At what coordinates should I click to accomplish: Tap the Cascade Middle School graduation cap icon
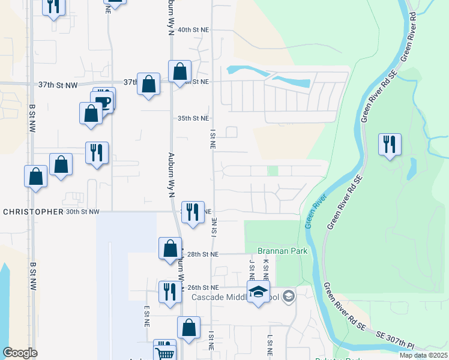click(258, 292)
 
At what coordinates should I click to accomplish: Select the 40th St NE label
click(193, 29)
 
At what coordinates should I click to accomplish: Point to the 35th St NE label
click(193, 119)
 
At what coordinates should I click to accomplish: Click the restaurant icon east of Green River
click(390, 145)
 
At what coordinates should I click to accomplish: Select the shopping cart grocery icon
click(164, 350)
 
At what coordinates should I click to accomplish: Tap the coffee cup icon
click(103, 100)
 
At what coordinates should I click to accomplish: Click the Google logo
click(20, 353)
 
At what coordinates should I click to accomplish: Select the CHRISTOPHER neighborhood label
click(33, 212)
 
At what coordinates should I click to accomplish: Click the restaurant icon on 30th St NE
click(193, 212)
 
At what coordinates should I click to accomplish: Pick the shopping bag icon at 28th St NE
click(170, 248)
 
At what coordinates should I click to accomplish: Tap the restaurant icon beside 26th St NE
click(170, 292)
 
